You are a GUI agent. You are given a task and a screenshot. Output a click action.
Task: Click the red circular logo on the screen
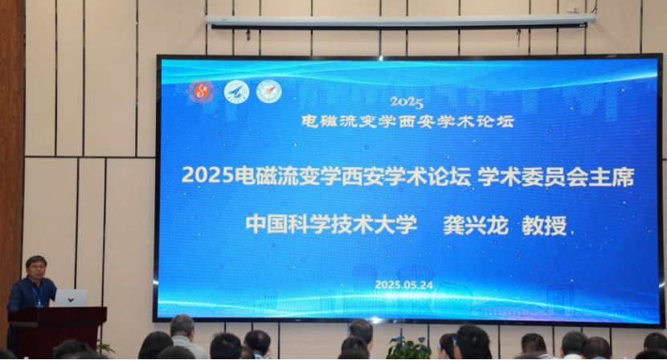tap(201, 91)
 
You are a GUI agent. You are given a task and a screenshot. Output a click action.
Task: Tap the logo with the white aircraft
tap(236, 92)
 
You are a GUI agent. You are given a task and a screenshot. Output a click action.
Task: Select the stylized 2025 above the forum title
tap(407, 103)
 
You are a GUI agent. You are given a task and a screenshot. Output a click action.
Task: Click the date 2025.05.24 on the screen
tap(403, 285)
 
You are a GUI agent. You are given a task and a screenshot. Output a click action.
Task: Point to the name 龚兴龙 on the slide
tap(476, 225)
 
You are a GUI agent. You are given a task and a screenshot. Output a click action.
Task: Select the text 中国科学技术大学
tap(331, 224)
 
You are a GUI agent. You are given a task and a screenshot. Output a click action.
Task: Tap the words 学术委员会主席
tap(555, 177)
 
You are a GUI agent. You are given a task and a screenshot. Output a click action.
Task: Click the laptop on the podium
tap(71, 298)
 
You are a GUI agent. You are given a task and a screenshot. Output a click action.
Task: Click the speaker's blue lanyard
tap(38, 293)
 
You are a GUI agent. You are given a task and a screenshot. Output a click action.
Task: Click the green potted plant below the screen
tap(407, 348)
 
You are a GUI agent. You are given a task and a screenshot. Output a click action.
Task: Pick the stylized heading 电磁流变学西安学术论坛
tap(407, 121)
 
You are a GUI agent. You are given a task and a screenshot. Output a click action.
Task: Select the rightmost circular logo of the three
tap(269, 92)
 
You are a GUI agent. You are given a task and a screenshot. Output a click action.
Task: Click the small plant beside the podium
tap(104, 346)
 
